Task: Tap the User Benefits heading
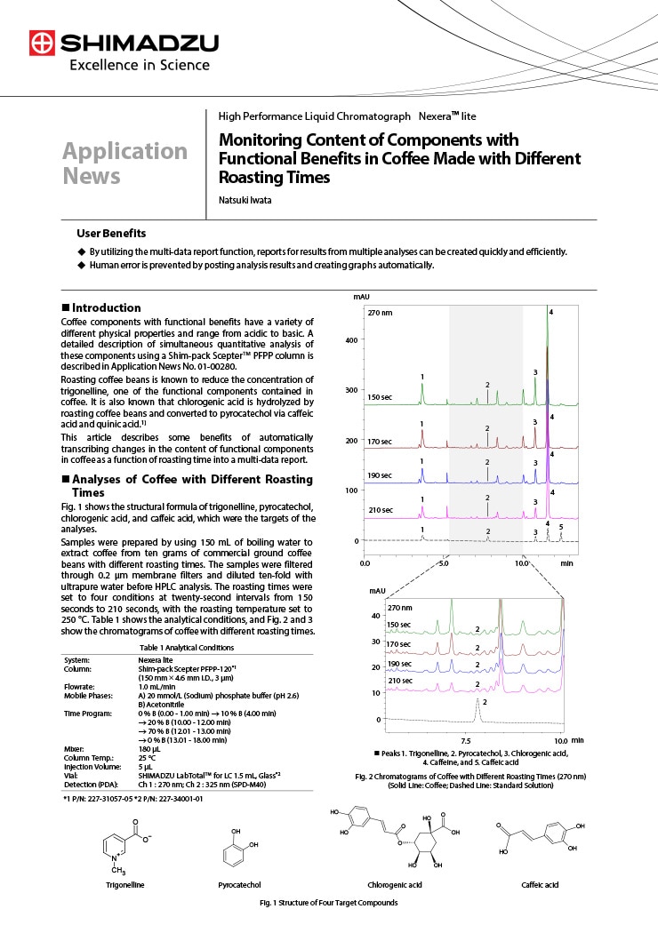[111, 233]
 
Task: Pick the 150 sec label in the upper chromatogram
[380, 398]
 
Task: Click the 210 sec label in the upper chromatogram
[380, 509]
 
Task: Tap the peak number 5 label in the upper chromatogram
[561, 527]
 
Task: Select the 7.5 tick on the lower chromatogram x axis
[465, 739]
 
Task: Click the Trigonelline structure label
[125, 885]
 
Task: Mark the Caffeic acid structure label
[540, 885]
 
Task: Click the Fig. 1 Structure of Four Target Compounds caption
[328, 903]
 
